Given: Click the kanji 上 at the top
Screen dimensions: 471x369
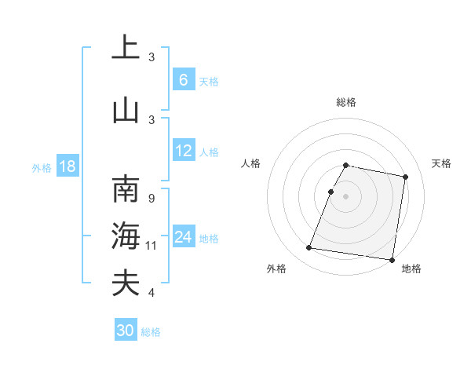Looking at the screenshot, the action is (x=126, y=47).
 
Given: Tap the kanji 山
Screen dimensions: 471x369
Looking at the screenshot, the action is (x=126, y=110).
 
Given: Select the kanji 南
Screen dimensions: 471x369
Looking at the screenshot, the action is (x=126, y=190).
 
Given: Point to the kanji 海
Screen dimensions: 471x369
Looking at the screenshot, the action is (x=126, y=236).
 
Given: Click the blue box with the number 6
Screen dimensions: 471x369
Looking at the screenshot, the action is (x=183, y=80).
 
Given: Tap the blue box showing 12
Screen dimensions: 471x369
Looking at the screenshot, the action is (x=183, y=152).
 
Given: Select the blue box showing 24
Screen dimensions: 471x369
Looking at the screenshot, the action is (x=183, y=237).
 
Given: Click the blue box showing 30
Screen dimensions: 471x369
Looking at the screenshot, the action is (x=126, y=331).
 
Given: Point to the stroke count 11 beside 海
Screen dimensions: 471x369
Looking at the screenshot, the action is (x=152, y=246).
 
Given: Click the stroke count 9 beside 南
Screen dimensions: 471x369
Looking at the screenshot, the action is (x=151, y=199).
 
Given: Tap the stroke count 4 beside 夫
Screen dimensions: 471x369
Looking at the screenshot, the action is (x=151, y=293).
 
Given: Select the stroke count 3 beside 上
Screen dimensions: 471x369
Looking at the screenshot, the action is (x=152, y=57).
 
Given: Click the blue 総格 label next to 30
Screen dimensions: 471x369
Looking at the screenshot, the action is (x=151, y=332).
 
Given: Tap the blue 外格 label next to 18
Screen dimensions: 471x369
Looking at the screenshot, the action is (x=42, y=168).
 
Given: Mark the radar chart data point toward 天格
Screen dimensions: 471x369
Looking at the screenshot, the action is (x=405, y=177).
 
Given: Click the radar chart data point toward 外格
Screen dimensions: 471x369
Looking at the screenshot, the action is (x=309, y=248).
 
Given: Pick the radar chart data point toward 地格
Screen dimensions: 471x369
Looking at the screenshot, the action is (x=392, y=260).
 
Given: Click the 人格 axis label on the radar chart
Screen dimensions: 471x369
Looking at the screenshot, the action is (x=250, y=163).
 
